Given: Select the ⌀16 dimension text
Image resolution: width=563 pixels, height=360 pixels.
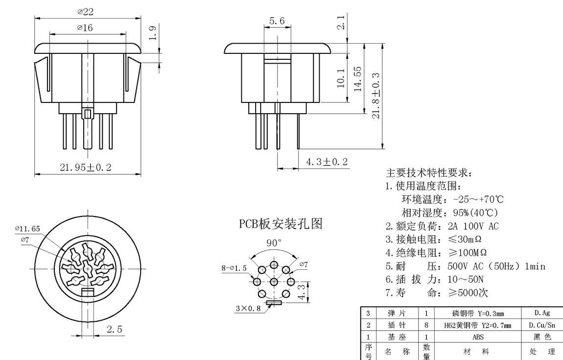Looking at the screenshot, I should click(85, 28).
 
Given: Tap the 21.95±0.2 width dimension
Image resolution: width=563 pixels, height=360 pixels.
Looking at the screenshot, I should click(86, 167).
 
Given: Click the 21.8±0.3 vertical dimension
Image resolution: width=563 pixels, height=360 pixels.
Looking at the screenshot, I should click(376, 93).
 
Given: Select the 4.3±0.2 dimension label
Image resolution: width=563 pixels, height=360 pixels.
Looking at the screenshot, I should click(327, 162).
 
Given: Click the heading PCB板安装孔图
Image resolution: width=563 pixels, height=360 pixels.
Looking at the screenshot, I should click(281, 224).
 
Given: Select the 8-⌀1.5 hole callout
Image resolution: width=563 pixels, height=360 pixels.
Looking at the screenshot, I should click(234, 268).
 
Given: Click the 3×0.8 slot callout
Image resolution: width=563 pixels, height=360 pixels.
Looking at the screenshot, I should click(247, 308).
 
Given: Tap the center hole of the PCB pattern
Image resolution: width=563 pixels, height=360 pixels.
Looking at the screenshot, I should click(274, 282).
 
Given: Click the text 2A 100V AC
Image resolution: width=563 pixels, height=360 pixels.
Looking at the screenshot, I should click(473, 226).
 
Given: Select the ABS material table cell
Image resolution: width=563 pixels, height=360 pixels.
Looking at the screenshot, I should click(477, 337).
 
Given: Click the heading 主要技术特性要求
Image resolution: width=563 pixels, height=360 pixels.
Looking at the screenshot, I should click(429, 173).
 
